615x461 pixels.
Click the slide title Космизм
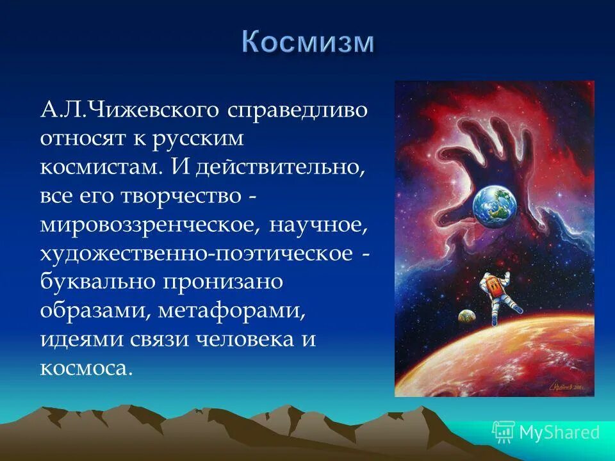pos(307,43)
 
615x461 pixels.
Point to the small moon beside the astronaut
pos(466,316)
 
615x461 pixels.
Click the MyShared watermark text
pos(559,432)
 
